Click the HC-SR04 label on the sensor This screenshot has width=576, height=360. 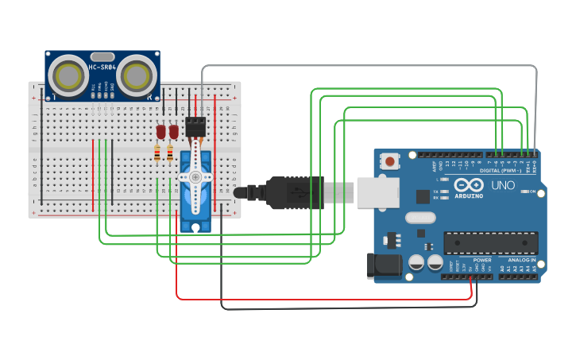[102, 68]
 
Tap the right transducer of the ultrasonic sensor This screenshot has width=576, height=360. [137, 75]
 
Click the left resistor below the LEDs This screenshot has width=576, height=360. [157, 153]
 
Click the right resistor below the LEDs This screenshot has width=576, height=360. [169, 153]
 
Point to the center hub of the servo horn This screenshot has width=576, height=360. [195, 177]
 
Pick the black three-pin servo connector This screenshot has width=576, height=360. [195, 125]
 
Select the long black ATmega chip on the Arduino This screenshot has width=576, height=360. [490, 242]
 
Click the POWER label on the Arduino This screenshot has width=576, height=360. [482, 260]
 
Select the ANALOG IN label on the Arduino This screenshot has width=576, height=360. [522, 260]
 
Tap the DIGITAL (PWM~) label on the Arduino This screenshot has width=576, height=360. [501, 171]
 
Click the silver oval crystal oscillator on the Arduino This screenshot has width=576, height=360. [420, 218]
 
